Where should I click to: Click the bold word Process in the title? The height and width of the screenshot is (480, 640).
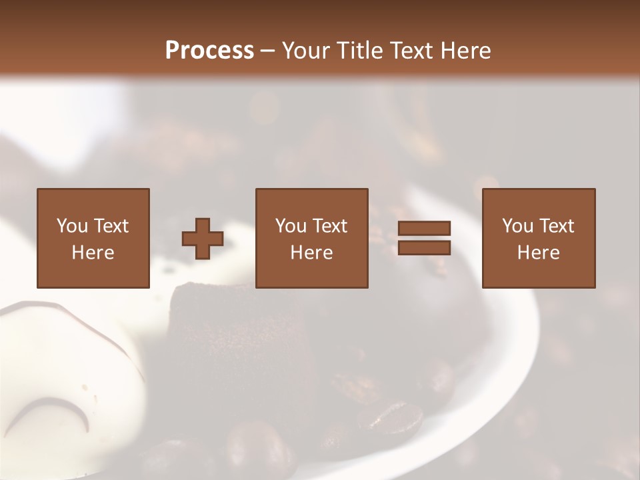pos(209,50)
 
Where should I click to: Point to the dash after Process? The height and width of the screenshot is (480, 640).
pos(268,51)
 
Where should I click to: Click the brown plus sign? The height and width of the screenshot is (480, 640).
pos(203,238)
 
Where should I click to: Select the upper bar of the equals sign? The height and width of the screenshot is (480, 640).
pos(424,229)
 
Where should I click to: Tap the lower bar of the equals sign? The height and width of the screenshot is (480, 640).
pos(424,248)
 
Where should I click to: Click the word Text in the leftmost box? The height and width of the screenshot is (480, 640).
pos(111,226)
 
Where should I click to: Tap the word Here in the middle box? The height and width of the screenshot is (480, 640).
pos(311,253)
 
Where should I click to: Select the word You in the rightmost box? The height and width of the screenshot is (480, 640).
pos(517,226)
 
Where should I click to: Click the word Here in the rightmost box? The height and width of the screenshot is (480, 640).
pos(539,253)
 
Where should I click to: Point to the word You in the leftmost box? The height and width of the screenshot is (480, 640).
pos(72,226)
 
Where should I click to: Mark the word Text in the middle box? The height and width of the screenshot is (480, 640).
pos(330,226)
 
